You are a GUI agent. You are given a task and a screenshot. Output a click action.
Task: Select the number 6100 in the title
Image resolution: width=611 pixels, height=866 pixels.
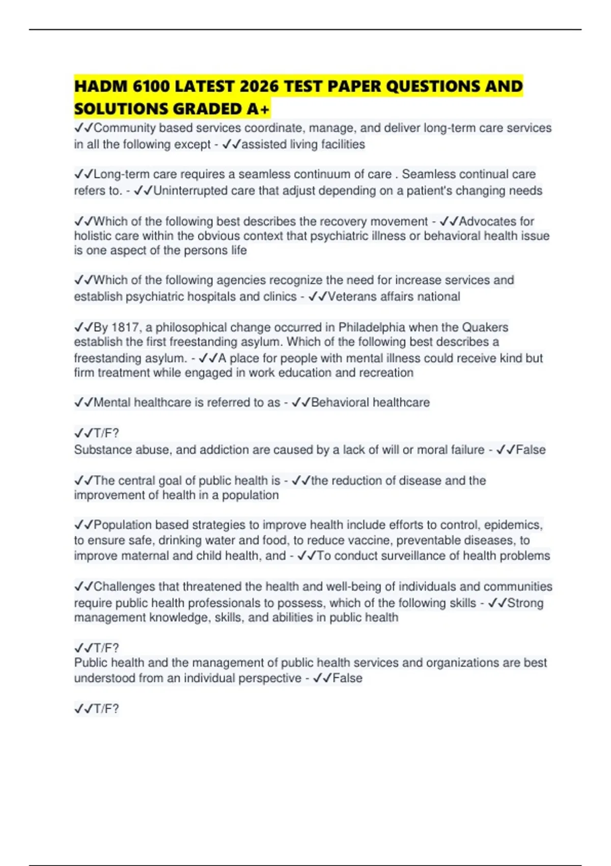click(151, 86)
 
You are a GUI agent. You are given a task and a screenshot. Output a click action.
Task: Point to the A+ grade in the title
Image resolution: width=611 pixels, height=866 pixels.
click(258, 109)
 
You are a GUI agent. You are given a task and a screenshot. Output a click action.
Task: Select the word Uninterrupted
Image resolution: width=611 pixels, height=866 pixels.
click(190, 191)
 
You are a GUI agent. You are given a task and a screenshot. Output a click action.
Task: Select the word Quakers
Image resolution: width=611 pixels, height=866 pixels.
click(485, 327)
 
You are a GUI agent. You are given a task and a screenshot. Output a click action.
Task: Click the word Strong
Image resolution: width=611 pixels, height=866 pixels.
click(525, 603)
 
